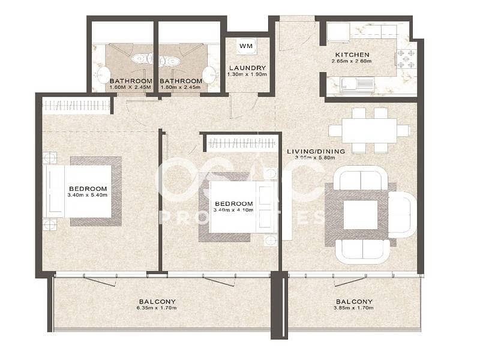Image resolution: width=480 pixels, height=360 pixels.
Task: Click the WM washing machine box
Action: (245, 46)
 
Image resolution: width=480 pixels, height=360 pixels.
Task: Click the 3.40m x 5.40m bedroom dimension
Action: (88, 194)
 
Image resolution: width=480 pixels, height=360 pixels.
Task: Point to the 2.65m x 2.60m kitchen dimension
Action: (353, 65)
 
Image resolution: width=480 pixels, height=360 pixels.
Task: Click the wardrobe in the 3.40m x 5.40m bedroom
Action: (76, 106)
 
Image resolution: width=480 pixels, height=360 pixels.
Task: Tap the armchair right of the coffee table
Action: (401, 215)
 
